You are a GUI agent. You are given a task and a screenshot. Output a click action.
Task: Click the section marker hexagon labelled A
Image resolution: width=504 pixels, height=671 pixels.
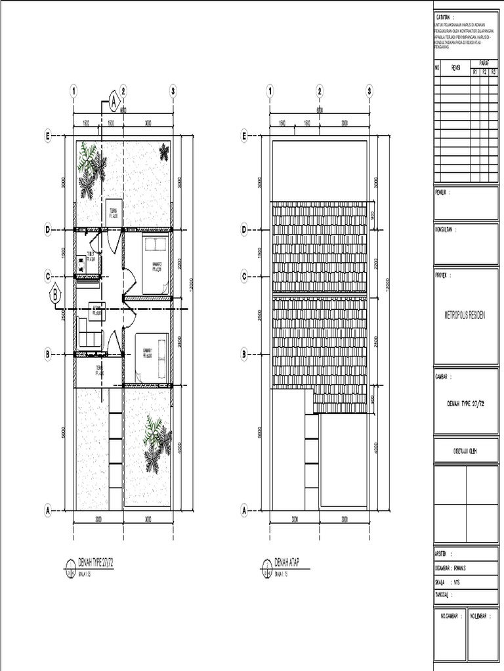coord(114,102)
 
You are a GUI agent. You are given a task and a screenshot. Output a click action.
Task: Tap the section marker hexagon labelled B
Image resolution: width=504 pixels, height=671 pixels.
coord(56,296)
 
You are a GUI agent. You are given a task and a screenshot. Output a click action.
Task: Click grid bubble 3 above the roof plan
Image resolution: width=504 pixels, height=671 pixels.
coord(370,92)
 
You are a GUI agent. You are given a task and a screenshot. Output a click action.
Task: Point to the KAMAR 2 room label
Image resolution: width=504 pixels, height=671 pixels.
coord(157,267)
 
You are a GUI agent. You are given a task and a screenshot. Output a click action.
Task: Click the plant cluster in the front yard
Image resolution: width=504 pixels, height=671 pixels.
coord(156,444)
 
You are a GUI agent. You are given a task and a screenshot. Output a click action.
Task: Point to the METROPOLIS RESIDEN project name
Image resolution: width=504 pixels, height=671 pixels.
coord(465,315)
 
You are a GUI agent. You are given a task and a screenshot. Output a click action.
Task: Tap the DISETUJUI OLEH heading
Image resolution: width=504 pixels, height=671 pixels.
coord(465,450)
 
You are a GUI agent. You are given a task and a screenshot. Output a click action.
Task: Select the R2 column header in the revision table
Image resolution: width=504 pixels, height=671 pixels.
coord(484,71)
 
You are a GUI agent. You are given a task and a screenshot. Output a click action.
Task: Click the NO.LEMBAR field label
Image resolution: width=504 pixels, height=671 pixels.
coord(480,617)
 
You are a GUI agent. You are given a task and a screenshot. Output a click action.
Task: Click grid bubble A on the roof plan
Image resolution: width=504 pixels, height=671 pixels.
coord(243,510)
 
